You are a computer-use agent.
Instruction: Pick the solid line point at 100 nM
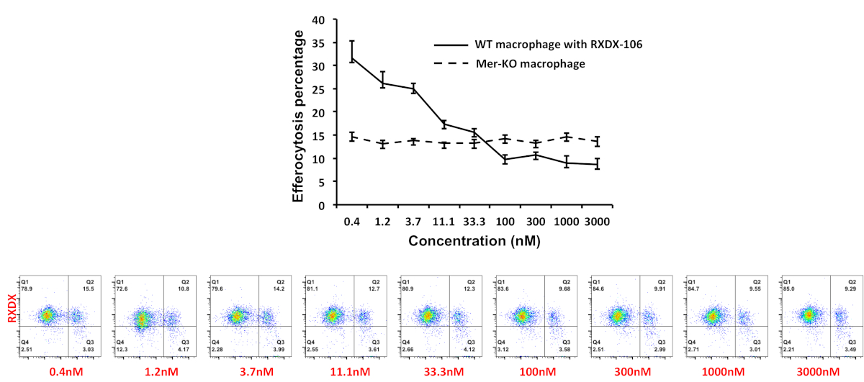[x=505, y=160]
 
